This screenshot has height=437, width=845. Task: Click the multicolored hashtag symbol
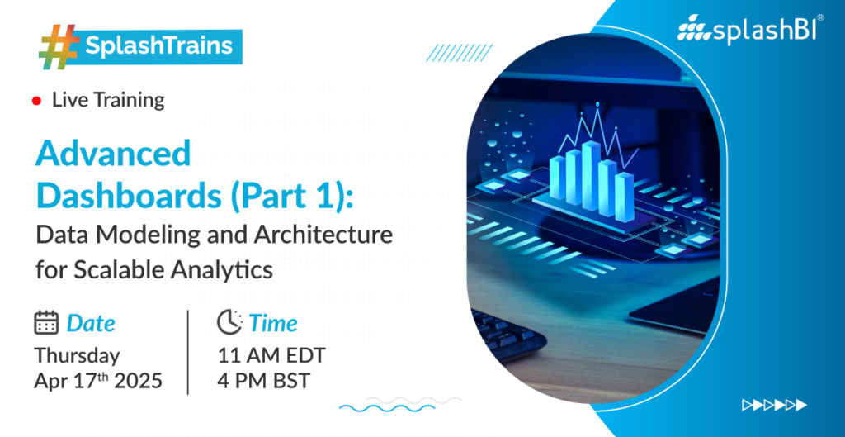click(59, 46)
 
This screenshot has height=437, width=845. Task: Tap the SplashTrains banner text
click(159, 46)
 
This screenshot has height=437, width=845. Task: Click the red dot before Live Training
click(36, 101)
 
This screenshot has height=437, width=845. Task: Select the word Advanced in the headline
click(113, 154)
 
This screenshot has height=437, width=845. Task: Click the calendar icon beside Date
click(46, 323)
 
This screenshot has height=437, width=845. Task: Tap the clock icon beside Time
click(229, 323)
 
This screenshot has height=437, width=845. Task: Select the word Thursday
click(77, 356)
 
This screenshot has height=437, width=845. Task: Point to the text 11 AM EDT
click(271, 356)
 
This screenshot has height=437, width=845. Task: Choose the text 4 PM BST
click(264, 382)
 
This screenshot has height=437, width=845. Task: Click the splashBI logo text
click(750, 31)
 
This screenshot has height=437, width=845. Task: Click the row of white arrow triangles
click(774, 404)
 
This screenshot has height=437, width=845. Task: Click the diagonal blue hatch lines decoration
click(459, 53)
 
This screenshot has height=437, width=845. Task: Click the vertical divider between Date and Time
click(188, 352)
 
